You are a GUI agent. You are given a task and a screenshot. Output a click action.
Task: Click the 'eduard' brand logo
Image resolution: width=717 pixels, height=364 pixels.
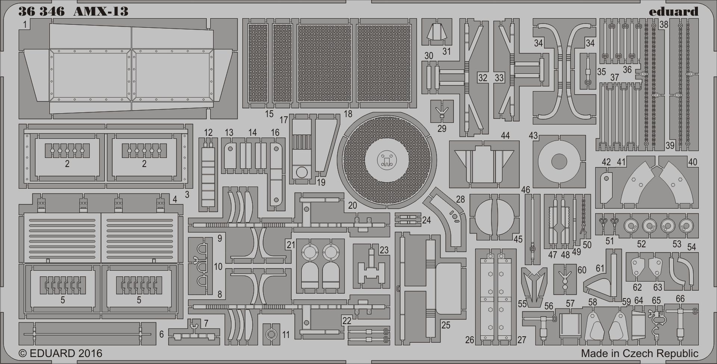(673, 12)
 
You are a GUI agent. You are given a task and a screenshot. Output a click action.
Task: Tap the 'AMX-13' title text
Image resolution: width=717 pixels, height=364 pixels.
(100, 12)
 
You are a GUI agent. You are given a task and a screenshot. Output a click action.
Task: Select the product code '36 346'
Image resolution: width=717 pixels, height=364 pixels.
(41, 12)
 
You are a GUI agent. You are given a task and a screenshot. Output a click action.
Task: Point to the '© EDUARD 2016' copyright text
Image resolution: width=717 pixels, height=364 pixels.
(60, 353)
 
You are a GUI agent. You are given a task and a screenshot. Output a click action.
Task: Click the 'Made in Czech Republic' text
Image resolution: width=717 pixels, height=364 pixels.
(639, 353)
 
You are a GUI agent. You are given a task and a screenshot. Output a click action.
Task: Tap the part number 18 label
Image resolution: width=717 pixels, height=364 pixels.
(348, 113)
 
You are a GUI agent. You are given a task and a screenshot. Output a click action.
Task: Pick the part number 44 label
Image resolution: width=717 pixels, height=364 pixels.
(505, 135)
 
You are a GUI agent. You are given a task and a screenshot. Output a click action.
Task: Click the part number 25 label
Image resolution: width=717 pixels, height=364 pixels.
(446, 325)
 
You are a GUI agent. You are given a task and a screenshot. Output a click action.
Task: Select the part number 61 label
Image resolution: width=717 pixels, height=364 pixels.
(600, 268)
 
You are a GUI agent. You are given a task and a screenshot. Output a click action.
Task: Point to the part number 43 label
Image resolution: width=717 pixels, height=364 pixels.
(533, 135)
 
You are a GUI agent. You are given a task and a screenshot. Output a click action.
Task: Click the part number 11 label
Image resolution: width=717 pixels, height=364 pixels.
(286, 334)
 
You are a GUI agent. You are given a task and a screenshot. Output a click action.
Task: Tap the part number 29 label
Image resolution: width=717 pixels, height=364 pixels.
(442, 128)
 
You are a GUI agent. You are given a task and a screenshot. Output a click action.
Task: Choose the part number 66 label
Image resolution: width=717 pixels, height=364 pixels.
(680, 299)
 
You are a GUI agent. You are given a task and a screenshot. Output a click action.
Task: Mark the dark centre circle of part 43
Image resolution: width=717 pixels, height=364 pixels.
(559, 161)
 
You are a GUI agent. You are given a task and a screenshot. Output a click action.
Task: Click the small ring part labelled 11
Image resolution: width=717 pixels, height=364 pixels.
(271, 334)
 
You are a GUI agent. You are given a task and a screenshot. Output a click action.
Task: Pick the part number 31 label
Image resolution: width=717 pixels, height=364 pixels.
(447, 51)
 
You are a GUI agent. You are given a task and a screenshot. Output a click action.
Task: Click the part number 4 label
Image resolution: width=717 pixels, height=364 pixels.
(175, 199)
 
